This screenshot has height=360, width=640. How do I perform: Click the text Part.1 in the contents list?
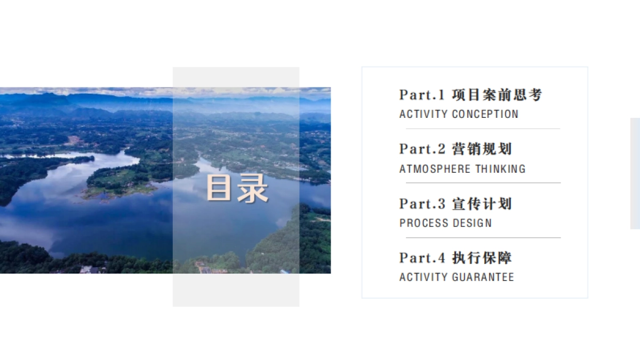(x=422, y=95)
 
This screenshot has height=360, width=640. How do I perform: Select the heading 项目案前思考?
(x=497, y=95)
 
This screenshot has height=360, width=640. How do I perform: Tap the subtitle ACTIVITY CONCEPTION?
(x=459, y=114)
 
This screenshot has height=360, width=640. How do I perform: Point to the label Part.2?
(x=422, y=149)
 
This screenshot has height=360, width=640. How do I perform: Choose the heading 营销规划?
(x=482, y=149)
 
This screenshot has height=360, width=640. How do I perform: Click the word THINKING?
(x=500, y=169)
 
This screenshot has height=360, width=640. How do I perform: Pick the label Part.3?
(x=422, y=204)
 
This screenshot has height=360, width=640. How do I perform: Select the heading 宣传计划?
(x=482, y=204)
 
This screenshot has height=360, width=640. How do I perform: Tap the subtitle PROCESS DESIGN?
(x=445, y=223)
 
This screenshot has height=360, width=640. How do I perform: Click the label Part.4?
(x=422, y=258)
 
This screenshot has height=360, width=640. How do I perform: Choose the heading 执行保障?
(x=482, y=258)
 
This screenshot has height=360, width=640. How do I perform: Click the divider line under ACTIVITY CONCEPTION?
(x=483, y=129)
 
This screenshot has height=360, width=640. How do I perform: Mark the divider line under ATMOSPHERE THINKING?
(x=483, y=183)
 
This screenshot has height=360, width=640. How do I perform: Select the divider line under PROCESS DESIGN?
(x=483, y=237)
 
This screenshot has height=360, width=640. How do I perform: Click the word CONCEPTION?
(x=485, y=114)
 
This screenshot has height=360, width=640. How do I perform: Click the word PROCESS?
(x=421, y=223)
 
